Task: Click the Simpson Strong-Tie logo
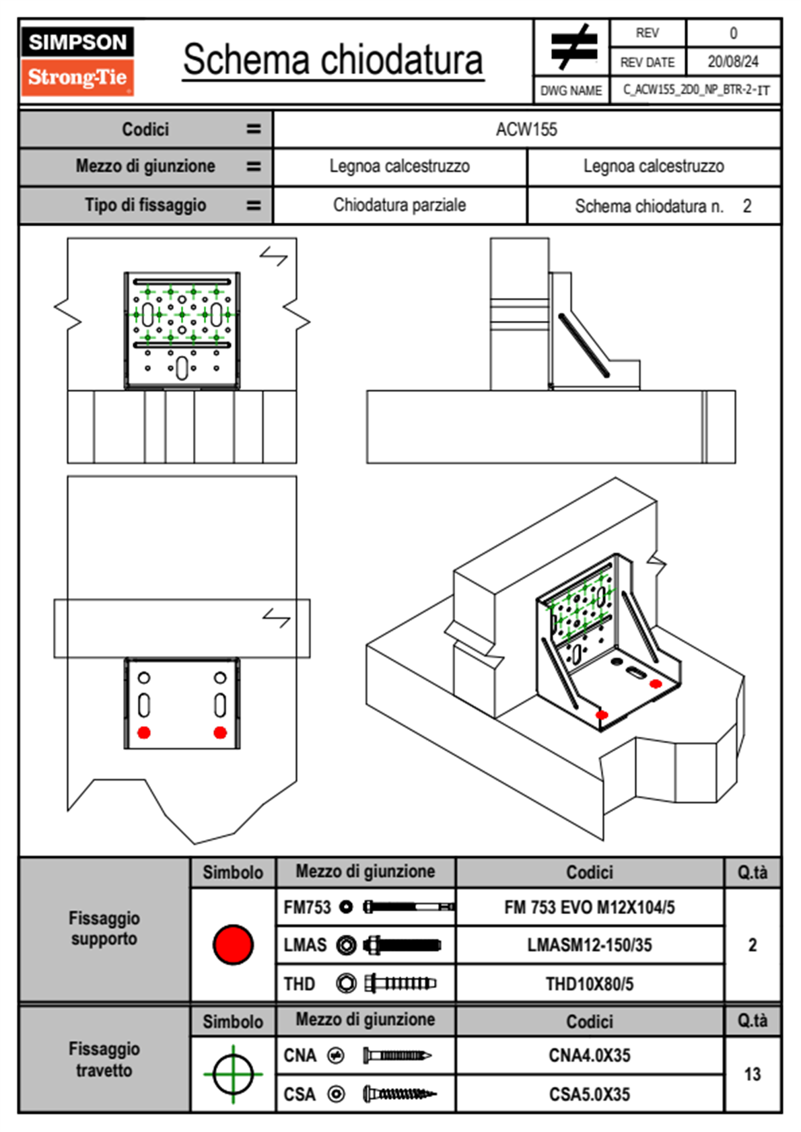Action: (77, 61)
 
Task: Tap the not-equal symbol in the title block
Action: (573, 47)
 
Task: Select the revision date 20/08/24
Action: (732, 62)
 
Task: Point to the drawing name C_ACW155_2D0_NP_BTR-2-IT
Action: (695, 90)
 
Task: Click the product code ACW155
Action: (526, 129)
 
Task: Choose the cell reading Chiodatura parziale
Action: (399, 205)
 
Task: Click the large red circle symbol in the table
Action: (233, 944)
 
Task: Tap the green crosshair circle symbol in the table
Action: (233, 1074)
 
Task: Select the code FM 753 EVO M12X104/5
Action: (589, 907)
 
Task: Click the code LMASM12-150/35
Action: (589, 946)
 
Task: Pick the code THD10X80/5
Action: (589, 984)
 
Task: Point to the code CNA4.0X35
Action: (589, 1055)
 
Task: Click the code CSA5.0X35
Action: (589, 1094)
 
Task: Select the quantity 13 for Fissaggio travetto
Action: (752, 1074)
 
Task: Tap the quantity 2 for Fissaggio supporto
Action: (752, 945)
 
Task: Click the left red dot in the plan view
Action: (143, 732)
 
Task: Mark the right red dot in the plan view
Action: (220, 732)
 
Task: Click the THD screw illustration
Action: (400, 984)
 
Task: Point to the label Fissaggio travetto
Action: (104, 1059)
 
